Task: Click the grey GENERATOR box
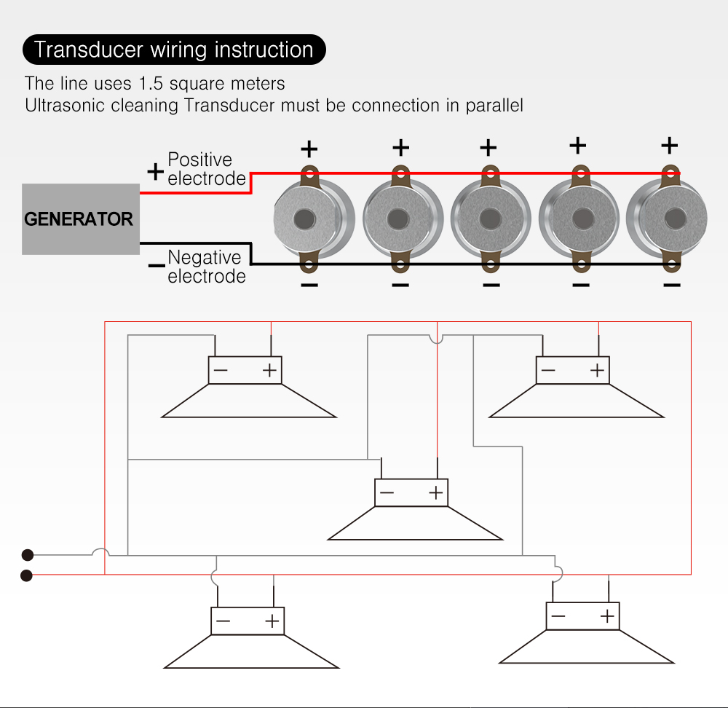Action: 80,219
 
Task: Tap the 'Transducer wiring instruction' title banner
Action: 174,50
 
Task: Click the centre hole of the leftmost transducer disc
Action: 304,219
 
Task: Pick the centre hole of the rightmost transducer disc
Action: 675,217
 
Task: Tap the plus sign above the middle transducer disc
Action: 488,148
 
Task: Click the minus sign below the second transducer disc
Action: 400,284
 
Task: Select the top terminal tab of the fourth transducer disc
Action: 580,173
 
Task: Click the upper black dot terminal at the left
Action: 28,554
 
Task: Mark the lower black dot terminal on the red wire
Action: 27,575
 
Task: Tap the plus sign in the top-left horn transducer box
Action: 270,371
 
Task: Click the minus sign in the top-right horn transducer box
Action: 548,371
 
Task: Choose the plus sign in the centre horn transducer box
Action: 436,493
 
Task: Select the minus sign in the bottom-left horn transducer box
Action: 223,621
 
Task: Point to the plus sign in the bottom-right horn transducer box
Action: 607,617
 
